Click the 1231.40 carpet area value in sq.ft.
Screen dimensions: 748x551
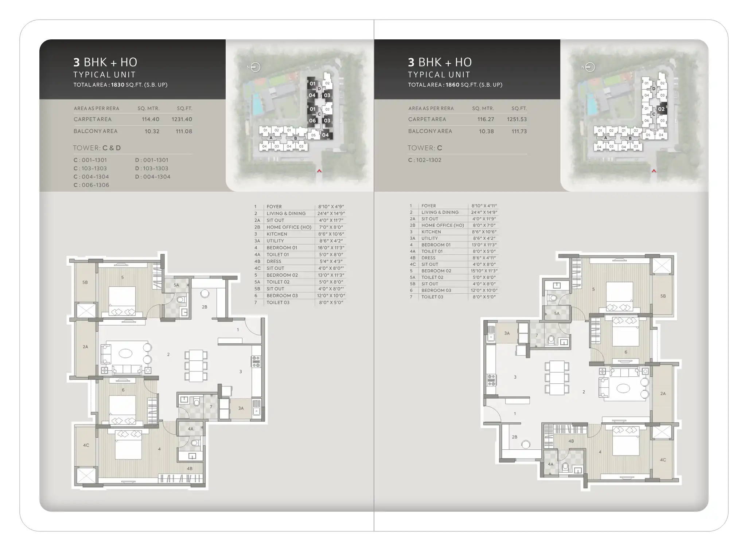[182, 119]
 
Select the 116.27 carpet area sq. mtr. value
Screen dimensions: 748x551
[486, 119]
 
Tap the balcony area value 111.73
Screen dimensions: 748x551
[519, 131]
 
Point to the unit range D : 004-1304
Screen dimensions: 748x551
[153, 177]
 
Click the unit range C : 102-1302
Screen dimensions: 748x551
[425, 160]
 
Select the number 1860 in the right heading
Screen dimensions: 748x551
[452, 85]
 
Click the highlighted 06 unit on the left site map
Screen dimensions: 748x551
[312, 121]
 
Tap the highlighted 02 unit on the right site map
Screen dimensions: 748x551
[661, 109]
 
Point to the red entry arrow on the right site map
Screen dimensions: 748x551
[654, 171]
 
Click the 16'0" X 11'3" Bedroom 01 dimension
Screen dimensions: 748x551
[331, 248]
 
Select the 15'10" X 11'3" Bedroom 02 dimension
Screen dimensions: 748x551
[484, 271]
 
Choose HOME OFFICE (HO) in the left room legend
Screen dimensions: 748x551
[289, 227]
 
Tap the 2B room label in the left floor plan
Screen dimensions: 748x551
[204, 307]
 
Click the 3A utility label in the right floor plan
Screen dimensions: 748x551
[507, 333]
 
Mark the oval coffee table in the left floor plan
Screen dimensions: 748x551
[126, 353]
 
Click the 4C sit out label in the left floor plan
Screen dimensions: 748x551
[86, 445]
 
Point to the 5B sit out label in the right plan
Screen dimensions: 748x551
[663, 296]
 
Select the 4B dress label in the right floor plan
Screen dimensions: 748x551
[571, 441]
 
